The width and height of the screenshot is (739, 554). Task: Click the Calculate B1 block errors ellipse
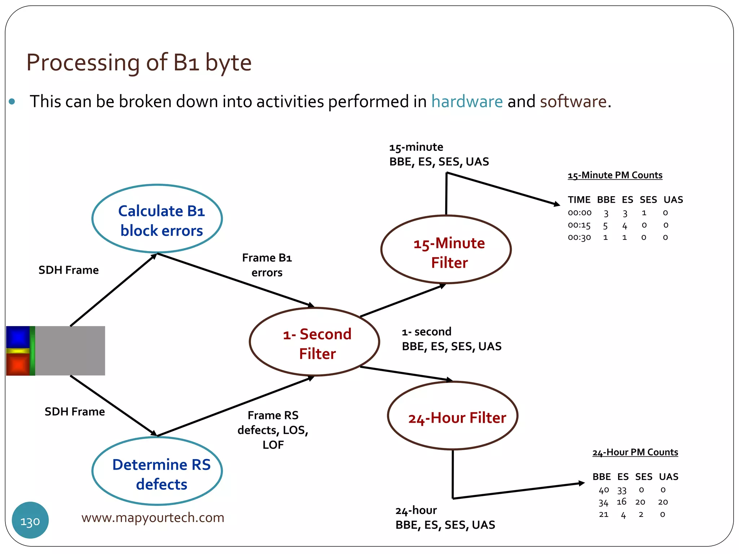[x=157, y=219]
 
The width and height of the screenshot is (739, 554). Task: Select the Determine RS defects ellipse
[x=157, y=471]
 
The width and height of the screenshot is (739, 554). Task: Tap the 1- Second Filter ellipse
[x=315, y=342]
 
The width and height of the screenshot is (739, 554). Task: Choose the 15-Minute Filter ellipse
[x=446, y=250]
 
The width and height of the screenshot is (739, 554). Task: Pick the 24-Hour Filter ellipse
[x=453, y=416]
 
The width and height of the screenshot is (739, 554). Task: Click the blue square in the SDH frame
[x=18, y=337]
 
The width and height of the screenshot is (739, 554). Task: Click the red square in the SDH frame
[x=18, y=364]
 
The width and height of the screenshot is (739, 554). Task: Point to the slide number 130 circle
[x=30, y=520]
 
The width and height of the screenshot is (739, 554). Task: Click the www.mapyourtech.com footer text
[x=153, y=518]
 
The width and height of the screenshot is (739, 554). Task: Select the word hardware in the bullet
[x=467, y=101]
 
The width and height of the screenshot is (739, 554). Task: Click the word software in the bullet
[x=573, y=101]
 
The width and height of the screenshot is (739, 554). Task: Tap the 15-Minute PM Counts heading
[x=615, y=175]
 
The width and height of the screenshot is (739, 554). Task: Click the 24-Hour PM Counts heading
[x=635, y=452]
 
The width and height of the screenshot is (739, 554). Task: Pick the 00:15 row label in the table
[x=579, y=225]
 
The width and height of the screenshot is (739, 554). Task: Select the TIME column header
[x=579, y=200]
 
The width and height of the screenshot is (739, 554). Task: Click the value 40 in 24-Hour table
[x=604, y=490]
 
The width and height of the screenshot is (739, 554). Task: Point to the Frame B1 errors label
[x=267, y=265]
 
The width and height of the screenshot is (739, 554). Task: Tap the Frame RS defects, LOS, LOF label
[x=273, y=430]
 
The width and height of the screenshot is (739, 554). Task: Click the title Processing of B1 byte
[x=139, y=62]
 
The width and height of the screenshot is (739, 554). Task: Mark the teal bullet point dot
[x=12, y=102]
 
